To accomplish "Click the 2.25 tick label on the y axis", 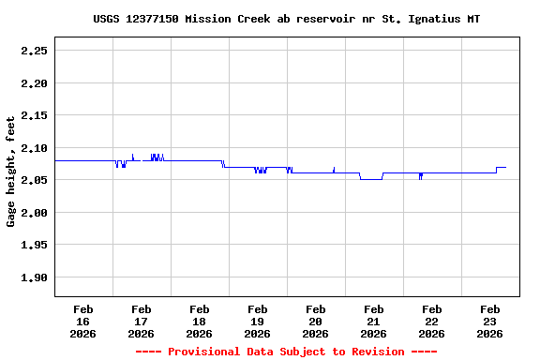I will (x=35, y=52).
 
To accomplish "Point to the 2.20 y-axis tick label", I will (x=35, y=83).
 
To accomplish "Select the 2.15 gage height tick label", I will (x=35, y=116).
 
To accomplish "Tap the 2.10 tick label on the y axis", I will (x=35, y=148).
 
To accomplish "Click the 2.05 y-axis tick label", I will (x=35, y=181).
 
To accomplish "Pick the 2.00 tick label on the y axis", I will (x=35, y=213).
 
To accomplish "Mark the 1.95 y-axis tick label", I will (x=35, y=246).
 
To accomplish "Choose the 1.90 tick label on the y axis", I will (x=35, y=277).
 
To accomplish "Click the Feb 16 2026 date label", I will (x=82, y=321).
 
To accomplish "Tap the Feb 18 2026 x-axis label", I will (x=199, y=321).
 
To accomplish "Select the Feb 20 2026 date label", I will (x=315, y=321).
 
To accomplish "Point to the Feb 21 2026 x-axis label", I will (x=373, y=321).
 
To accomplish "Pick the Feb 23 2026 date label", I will (x=489, y=321).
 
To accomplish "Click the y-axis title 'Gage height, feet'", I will (x=11, y=172).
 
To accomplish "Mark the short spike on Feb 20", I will (x=334, y=169).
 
